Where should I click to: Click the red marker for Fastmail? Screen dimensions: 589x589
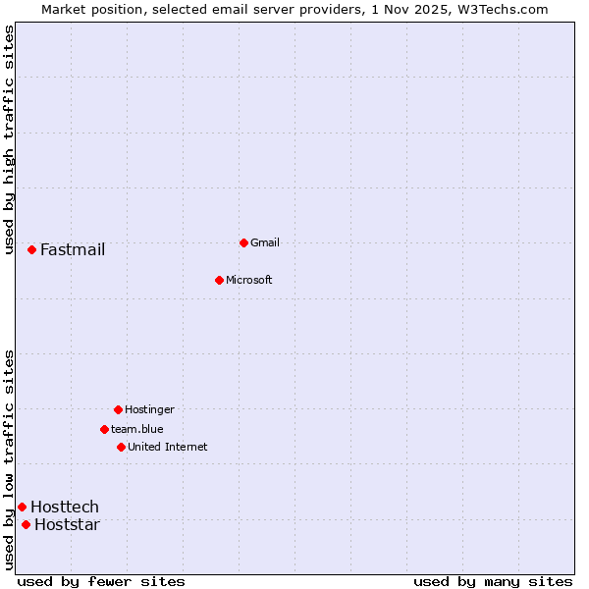31,250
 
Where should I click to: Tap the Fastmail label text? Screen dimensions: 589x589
73,250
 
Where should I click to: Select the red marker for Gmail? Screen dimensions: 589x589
243,242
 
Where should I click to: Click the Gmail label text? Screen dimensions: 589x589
265,242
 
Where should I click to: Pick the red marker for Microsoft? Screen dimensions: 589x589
219,280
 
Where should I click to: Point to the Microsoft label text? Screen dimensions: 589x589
249,280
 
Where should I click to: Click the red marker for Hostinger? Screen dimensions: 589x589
118,409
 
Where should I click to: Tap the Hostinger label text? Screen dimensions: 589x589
149,409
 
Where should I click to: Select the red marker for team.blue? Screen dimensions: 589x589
104,429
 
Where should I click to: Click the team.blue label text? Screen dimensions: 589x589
137,429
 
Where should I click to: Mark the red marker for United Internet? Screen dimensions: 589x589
121,447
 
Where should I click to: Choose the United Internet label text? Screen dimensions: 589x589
168,447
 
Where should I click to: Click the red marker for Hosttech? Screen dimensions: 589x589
22,507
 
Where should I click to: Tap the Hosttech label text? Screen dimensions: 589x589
65,507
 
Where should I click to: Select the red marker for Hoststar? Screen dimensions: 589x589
26,524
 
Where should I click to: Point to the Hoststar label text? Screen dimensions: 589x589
68,524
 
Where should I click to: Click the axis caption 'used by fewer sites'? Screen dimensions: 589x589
101,581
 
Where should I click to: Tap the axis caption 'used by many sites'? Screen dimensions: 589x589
493,581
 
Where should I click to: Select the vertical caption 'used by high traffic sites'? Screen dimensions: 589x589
9,139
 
